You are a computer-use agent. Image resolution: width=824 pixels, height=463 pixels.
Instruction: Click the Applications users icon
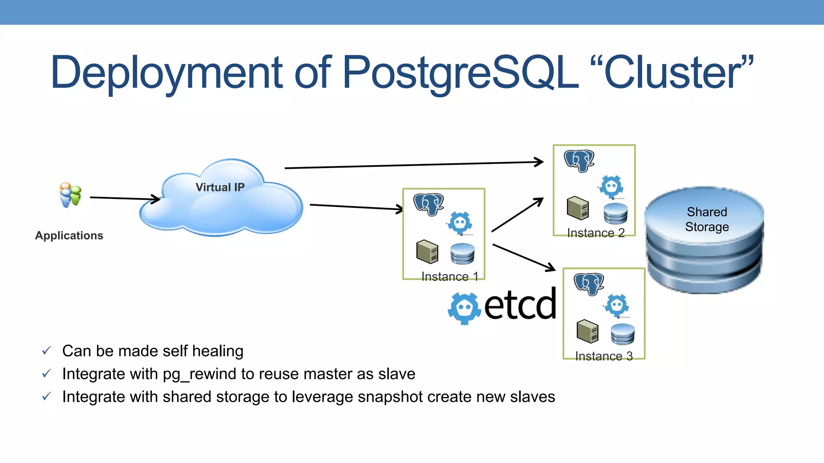click(70, 195)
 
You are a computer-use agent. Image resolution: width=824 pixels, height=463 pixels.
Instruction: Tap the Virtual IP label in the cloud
click(220, 187)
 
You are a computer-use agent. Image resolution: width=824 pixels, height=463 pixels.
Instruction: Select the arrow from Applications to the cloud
click(125, 198)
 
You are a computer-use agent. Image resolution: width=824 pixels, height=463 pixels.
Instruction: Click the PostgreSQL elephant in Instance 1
click(428, 204)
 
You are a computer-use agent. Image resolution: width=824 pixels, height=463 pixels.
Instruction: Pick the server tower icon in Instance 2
click(578, 208)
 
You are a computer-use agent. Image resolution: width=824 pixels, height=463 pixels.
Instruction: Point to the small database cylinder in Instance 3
click(622, 334)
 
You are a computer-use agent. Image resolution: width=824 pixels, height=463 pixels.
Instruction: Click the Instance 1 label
click(450, 277)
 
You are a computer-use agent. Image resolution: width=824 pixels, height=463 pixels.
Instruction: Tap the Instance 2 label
click(596, 233)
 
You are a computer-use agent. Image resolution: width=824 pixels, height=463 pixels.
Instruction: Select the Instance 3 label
click(604, 356)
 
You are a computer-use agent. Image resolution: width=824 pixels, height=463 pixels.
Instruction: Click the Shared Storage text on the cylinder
click(707, 219)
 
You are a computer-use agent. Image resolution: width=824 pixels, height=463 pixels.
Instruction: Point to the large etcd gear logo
click(464, 308)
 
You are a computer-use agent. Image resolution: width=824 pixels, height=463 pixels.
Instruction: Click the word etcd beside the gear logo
click(520, 304)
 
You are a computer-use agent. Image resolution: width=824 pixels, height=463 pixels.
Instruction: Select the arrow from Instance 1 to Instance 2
click(517, 215)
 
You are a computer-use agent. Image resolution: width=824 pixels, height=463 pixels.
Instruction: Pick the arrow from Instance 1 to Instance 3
click(523, 257)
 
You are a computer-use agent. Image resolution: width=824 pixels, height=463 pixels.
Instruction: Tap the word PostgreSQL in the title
click(460, 73)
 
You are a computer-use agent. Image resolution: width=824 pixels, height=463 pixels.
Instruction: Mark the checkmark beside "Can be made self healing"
click(47, 351)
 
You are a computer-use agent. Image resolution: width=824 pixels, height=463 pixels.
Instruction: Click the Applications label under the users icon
click(69, 236)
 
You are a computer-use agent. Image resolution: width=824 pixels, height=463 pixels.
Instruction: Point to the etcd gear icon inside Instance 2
click(612, 186)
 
